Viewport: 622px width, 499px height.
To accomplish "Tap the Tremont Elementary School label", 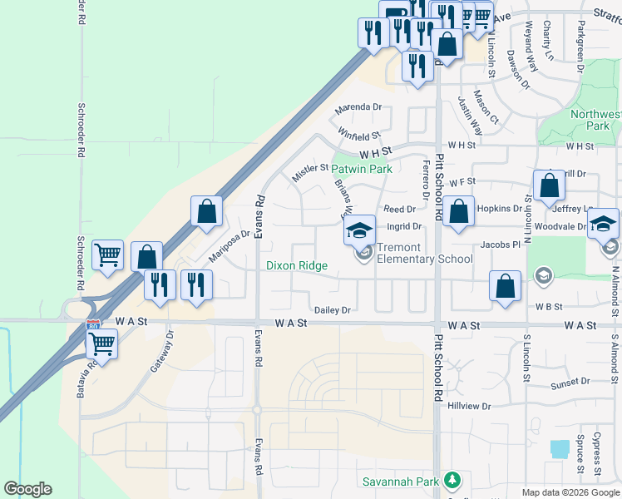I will [425, 253].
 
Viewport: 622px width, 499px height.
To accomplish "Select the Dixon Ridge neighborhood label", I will [297, 266].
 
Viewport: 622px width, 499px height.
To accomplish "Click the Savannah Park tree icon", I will [452, 480].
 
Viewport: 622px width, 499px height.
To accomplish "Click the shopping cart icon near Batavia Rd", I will [101, 343].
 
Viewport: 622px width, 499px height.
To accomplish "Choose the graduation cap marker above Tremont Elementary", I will [360, 230].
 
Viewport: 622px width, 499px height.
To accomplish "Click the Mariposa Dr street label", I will [229, 246].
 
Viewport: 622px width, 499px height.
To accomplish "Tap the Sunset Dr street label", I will [570, 381].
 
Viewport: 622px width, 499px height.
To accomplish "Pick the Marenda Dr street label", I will [358, 107].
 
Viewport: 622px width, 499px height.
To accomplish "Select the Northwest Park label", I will [596, 120].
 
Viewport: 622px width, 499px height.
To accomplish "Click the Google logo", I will [27, 489].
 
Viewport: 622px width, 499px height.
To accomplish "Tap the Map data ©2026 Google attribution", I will [570, 492].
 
